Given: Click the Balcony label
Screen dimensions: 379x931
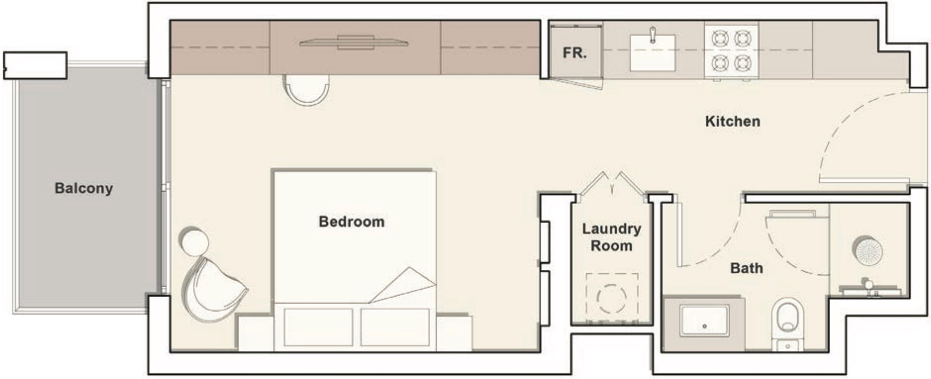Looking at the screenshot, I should click(x=84, y=188).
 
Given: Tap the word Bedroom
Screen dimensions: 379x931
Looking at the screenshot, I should click(x=351, y=222).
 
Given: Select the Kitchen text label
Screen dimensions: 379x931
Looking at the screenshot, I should click(x=732, y=121).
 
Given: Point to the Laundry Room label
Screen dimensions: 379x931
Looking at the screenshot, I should click(x=611, y=237).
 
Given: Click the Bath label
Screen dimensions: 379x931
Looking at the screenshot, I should click(x=746, y=268).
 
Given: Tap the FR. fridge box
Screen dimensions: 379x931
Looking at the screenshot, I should click(x=575, y=53).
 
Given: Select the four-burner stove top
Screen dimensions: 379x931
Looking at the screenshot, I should click(x=731, y=51).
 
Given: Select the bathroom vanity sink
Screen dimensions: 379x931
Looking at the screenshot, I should click(x=704, y=320).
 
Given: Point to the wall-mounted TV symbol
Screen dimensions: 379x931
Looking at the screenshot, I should click(x=354, y=43).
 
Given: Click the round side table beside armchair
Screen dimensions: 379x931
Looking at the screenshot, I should click(x=194, y=241).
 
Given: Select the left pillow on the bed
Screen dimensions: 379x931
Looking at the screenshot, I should click(x=318, y=327).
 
